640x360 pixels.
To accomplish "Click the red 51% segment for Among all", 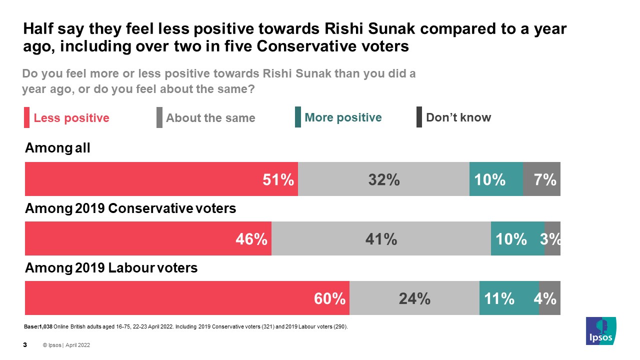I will point(161,179).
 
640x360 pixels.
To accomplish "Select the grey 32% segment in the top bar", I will point(383,179).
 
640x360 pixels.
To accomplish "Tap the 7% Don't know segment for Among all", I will point(541,179).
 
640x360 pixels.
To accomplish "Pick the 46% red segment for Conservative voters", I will point(148,238).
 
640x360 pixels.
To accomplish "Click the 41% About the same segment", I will point(381,238).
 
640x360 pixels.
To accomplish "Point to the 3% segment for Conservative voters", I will point(552,238).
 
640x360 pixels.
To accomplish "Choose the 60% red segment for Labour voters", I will point(187,298).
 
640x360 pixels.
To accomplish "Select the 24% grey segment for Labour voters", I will point(414,298).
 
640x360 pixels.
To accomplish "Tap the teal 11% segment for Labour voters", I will point(509,298).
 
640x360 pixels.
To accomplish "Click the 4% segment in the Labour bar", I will point(549,298).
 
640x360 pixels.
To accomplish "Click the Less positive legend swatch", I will point(27,118).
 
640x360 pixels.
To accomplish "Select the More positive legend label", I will point(343,117).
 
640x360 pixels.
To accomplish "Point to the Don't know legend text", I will point(458,117).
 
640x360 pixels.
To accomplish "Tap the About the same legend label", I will point(210,118).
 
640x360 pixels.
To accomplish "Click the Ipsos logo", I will point(601,330).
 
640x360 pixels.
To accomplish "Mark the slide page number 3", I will point(25,345).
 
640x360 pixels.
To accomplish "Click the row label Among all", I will point(57,148).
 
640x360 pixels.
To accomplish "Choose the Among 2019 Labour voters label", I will point(111,268).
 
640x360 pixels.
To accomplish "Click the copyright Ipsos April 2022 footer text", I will point(66,345).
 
